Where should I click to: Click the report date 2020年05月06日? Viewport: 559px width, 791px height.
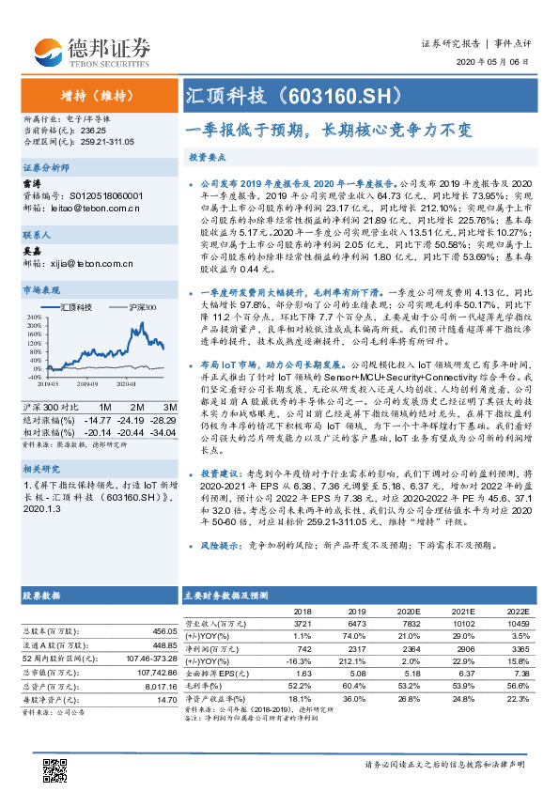[500, 61]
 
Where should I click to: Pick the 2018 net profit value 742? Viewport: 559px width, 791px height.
[303, 648]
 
